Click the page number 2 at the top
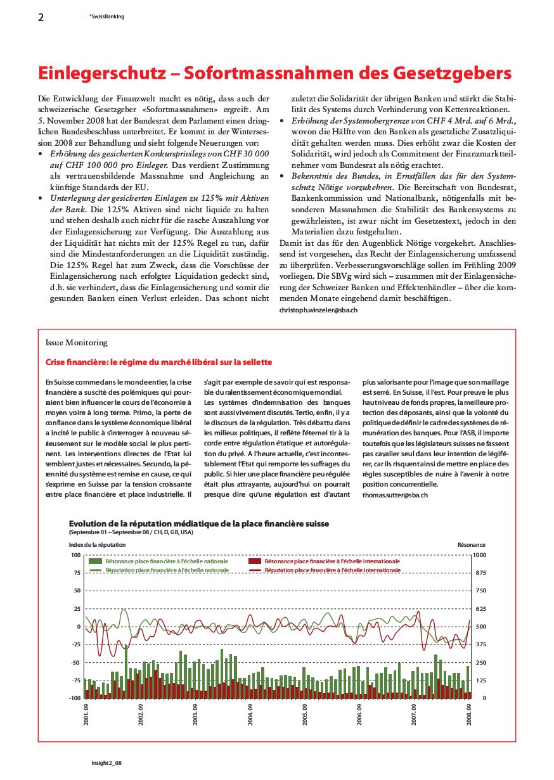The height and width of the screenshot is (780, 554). (41, 18)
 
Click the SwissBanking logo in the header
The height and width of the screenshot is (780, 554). (107, 16)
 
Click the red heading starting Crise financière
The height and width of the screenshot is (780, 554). (158, 362)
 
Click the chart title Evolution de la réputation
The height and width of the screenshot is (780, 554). (199, 523)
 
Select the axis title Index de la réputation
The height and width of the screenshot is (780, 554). (97, 544)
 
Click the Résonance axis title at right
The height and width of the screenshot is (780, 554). (471, 544)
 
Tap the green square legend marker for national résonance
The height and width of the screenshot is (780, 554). (96, 561)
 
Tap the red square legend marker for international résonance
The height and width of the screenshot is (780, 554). (255, 561)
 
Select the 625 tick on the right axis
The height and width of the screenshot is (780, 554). (480, 609)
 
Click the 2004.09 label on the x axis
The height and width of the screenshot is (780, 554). (250, 715)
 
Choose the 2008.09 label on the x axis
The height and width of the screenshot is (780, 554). (469, 715)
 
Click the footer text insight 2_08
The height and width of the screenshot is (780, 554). (105, 763)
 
